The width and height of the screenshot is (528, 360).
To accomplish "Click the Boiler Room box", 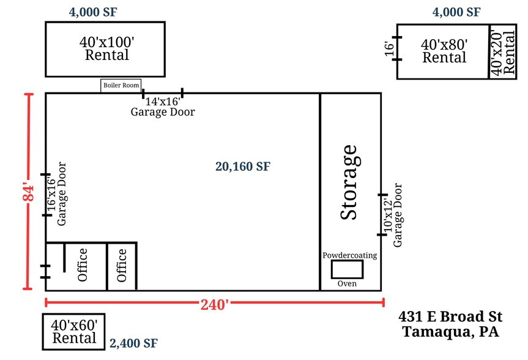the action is pyautogui.click(x=121, y=86).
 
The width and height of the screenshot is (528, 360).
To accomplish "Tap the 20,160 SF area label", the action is pyautogui.click(x=243, y=166).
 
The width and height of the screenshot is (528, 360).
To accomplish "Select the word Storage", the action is pyautogui.click(x=349, y=182).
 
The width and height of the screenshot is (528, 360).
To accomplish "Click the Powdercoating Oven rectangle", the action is pyautogui.click(x=347, y=269).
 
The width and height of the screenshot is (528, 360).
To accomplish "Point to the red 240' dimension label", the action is pyautogui.click(x=215, y=304).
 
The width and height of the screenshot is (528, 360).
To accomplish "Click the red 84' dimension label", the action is pyautogui.click(x=29, y=193).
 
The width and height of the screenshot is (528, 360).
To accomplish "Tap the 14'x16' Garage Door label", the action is pyautogui.click(x=163, y=107).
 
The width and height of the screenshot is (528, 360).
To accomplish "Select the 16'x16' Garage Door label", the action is pyautogui.click(x=56, y=194).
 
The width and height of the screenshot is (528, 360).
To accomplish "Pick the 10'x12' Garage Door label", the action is pyautogui.click(x=393, y=215).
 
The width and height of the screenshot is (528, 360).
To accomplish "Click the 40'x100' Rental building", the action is pyautogui.click(x=105, y=50).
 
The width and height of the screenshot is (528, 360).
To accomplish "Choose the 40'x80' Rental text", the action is pyautogui.click(x=444, y=51).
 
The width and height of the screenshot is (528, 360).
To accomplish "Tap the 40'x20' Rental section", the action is pyautogui.click(x=503, y=52).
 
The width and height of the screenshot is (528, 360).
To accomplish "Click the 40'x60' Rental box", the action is pyautogui.click(x=74, y=332).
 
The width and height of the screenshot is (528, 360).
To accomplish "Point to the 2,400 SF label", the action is pyautogui.click(x=134, y=343).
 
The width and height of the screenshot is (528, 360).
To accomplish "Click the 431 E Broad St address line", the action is pyautogui.click(x=450, y=317).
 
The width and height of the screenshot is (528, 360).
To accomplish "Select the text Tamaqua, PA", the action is pyautogui.click(x=450, y=332).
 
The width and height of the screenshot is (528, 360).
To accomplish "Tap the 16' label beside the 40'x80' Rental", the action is pyautogui.click(x=389, y=49).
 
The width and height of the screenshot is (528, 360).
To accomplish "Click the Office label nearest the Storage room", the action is pyautogui.click(x=122, y=265).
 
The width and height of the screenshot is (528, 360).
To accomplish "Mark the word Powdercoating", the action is pyautogui.click(x=349, y=255).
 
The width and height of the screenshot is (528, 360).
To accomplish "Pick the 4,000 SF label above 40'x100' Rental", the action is pyautogui.click(x=93, y=12).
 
